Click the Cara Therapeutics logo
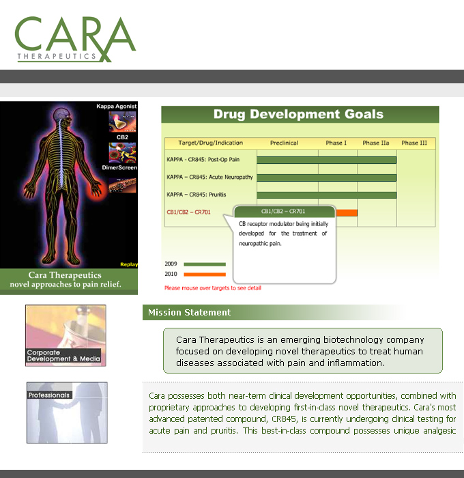(x=75, y=39)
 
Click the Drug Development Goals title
(x=298, y=114)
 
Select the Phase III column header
(x=414, y=143)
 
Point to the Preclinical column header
(x=284, y=143)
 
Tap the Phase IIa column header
(x=376, y=143)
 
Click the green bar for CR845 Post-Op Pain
(x=327, y=160)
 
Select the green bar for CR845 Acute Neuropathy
(x=327, y=178)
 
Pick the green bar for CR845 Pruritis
(x=327, y=195)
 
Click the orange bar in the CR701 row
(x=347, y=213)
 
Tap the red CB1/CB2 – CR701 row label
(x=188, y=212)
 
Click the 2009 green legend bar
(x=205, y=264)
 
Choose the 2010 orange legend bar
(x=205, y=275)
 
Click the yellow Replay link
(x=129, y=264)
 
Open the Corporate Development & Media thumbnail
(x=66, y=335)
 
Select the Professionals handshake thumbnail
(x=67, y=412)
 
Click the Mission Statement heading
(x=189, y=313)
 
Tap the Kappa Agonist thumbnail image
(x=122, y=122)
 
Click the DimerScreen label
(x=119, y=168)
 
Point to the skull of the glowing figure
(x=63, y=114)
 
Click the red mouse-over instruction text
(x=213, y=287)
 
